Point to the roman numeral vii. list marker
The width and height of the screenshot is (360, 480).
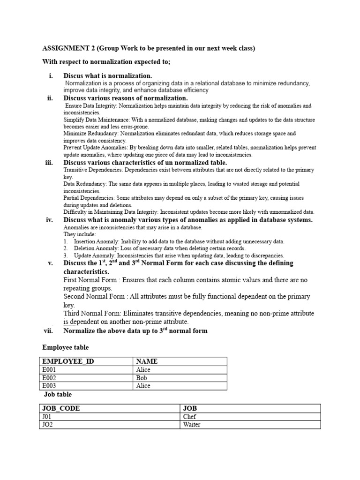(49, 331)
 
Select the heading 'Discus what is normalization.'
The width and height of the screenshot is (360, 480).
(108, 76)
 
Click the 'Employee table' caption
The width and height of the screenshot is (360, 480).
(65, 347)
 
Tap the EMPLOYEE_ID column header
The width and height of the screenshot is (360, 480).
(65, 361)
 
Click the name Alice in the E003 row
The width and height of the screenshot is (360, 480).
(143, 386)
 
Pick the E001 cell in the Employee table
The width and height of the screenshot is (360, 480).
(49, 370)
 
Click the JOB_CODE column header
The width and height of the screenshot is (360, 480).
(61, 408)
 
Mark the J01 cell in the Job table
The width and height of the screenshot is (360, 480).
(47, 417)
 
